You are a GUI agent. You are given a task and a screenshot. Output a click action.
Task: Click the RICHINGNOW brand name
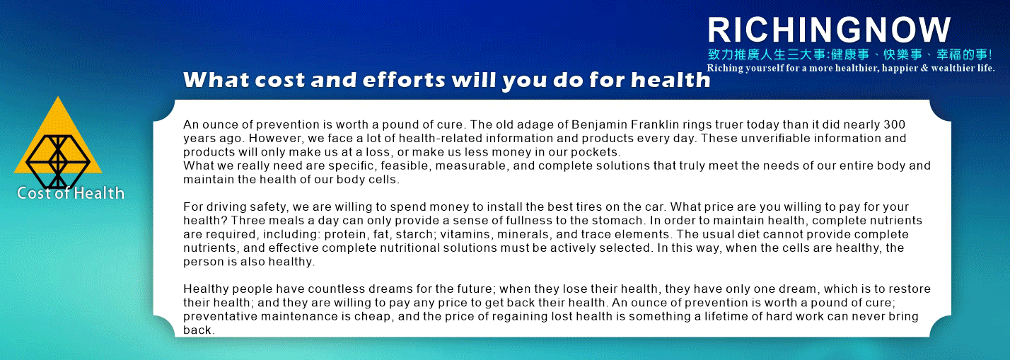point(829,30)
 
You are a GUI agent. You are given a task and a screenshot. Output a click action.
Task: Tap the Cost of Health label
point(70,193)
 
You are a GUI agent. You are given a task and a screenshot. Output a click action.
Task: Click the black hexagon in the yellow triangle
point(58,161)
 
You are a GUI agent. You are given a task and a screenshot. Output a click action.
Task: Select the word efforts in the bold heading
point(404,80)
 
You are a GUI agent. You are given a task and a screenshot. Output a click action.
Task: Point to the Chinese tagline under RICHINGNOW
point(850,54)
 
